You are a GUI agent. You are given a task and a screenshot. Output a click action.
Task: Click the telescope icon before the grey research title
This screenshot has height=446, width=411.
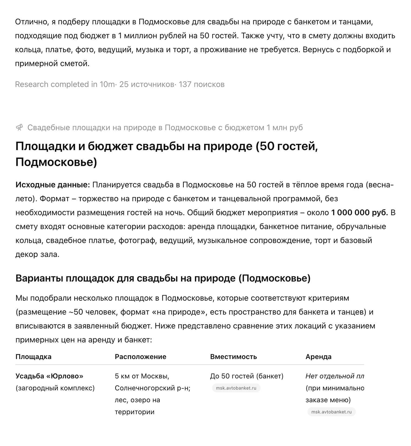tap(19, 127)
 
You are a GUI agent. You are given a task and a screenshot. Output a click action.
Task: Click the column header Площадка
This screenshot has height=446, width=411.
tap(33, 357)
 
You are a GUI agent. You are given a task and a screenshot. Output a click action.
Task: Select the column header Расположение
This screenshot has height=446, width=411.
tap(140, 357)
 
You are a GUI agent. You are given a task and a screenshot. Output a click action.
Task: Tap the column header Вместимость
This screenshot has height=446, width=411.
tap(233, 357)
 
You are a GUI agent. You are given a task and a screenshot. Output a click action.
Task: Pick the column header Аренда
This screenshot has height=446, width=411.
tap(318, 357)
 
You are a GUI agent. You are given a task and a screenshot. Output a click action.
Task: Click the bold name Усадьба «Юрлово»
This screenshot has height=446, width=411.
tap(49, 376)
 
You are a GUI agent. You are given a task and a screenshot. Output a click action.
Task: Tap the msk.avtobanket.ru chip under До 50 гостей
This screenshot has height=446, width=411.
tap(236, 388)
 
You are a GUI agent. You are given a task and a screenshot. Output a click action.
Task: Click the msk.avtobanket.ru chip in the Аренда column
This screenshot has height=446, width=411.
tap(331, 412)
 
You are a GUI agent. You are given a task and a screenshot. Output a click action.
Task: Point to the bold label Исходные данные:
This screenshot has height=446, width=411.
tap(52, 185)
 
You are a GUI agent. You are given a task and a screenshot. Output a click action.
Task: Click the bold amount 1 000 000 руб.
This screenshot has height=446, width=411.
tap(359, 213)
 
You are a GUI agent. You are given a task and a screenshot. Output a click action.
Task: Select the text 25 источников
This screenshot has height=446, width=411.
tap(147, 84)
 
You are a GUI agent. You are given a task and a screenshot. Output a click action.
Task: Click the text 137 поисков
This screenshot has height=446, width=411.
tap(201, 84)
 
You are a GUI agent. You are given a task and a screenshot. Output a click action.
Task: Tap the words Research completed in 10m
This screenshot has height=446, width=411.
tap(65, 84)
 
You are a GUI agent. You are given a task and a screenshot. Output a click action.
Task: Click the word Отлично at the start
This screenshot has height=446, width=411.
tap(31, 22)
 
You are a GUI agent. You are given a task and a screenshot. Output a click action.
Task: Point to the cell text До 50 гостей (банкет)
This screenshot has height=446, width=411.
tap(247, 376)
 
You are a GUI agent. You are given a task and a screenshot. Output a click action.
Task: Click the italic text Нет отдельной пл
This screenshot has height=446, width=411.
tap(334, 376)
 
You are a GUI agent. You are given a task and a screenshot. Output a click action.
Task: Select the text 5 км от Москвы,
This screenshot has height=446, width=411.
tap(142, 376)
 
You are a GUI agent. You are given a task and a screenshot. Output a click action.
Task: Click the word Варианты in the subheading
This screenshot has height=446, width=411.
tap(39, 278)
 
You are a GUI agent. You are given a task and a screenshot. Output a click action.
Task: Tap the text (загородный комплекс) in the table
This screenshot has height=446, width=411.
tap(55, 388)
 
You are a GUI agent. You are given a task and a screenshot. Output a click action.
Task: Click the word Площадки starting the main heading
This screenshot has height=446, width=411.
tap(45, 146)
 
